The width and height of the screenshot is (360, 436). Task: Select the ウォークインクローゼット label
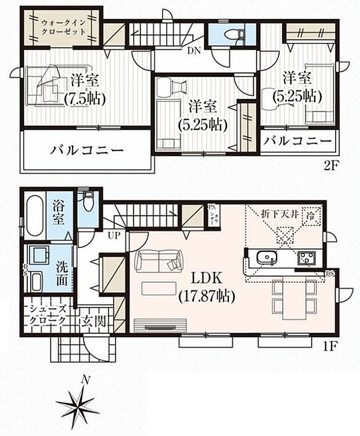pos(63,26)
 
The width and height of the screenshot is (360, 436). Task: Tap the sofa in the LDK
pos(158,261)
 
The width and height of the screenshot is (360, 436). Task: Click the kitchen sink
pos(267,257)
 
